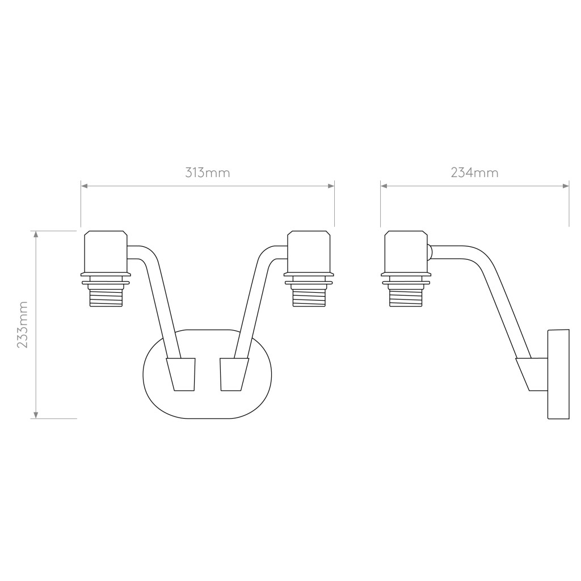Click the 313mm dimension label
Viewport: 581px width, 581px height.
coord(208,172)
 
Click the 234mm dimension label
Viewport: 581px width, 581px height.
coord(474,172)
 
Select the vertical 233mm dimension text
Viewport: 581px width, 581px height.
coord(23,325)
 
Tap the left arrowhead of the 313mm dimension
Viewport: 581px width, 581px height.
coord(85,186)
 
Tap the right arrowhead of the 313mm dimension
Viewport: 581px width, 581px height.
coord(331,186)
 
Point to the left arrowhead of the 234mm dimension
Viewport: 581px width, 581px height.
coord(384,186)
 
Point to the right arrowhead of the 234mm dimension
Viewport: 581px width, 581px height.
coord(566,186)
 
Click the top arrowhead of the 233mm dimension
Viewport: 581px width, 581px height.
coord(36,234)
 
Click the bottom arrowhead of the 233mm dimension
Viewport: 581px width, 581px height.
coord(36,415)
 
